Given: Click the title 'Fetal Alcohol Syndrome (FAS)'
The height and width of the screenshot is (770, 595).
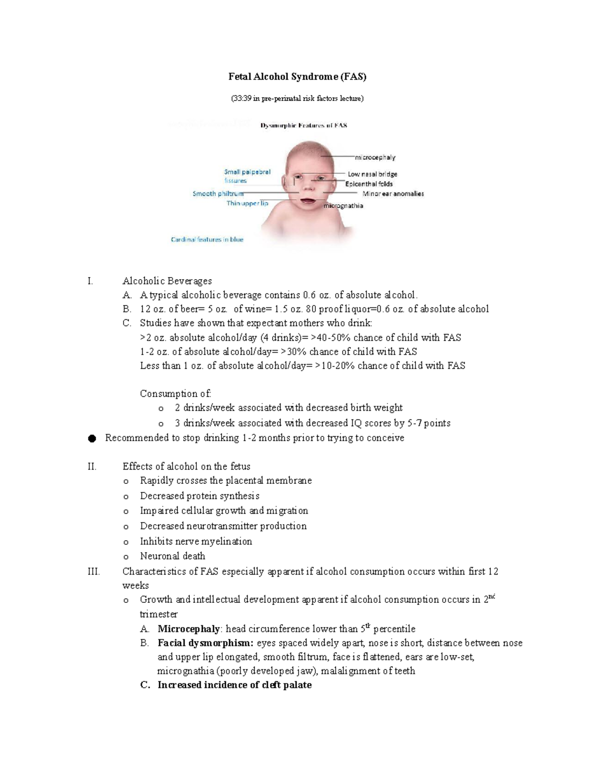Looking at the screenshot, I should pyautogui.click(x=297, y=76).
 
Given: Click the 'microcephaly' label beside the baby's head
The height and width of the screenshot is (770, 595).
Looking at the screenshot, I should pyautogui.click(x=375, y=158).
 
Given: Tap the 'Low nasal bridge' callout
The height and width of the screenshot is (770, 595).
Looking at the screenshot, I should pyautogui.click(x=372, y=174).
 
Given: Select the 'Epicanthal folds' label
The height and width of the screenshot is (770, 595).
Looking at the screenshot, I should pyautogui.click(x=369, y=184).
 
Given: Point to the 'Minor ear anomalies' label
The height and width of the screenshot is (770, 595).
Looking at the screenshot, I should pyautogui.click(x=393, y=194).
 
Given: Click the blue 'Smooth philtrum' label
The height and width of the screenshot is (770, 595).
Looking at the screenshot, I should pyautogui.click(x=218, y=194).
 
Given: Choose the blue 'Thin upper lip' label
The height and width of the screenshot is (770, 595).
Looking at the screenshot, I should pyautogui.click(x=247, y=203).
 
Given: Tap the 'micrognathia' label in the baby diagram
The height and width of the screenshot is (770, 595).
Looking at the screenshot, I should pyautogui.click(x=343, y=206).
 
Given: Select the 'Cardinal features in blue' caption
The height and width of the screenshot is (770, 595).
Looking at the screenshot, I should pyautogui.click(x=207, y=239).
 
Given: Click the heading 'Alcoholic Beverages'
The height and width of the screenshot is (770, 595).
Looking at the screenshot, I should pyautogui.click(x=167, y=281).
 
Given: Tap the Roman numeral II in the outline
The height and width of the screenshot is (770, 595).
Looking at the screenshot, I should pyautogui.click(x=92, y=467).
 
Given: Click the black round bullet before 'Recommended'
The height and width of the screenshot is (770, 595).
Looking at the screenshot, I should pyautogui.click(x=92, y=438).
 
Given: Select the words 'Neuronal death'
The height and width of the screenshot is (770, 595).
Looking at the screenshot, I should pyautogui.click(x=173, y=556).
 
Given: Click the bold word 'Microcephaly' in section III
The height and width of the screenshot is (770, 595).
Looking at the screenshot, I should pyautogui.click(x=188, y=629).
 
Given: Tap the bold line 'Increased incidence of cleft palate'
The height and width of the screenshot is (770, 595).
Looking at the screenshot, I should pyautogui.click(x=235, y=685).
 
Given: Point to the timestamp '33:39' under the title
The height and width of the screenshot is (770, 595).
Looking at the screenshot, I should pyautogui.click(x=241, y=98).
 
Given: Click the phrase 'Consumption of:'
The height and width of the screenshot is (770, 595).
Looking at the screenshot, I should pyautogui.click(x=176, y=394).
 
